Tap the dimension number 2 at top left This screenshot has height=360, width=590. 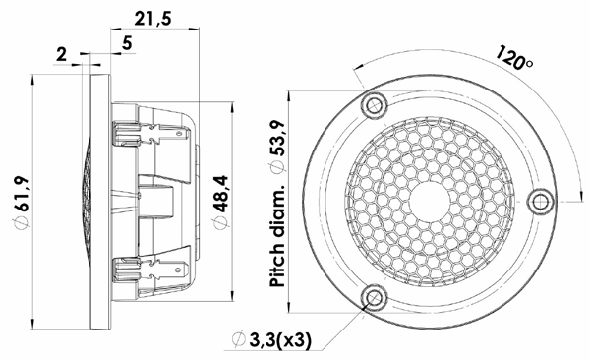click(x=61, y=55)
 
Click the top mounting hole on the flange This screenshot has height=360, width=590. click(x=372, y=104)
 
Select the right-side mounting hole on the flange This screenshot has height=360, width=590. click(x=540, y=201)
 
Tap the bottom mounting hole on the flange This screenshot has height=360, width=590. click(x=372, y=297)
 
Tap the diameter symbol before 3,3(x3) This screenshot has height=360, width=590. click(x=236, y=340)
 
